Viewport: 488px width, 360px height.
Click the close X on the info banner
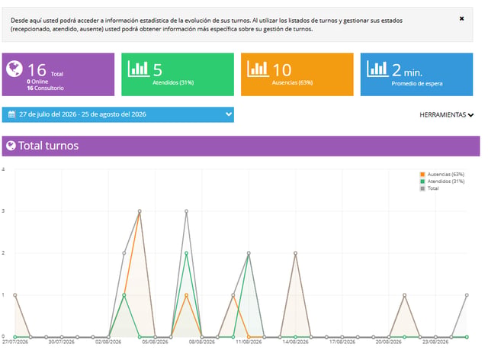(x=461, y=18)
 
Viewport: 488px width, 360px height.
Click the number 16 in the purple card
(x=37, y=70)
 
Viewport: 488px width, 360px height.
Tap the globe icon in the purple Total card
(x=14, y=69)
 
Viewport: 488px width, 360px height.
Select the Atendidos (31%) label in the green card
(x=173, y=82)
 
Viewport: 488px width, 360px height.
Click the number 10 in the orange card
(x=282, y=70)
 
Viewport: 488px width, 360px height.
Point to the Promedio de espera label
(x=417, y=83)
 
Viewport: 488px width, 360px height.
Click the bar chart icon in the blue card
(x=377, y=69)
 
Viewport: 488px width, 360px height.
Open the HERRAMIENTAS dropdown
(x=446, y=115)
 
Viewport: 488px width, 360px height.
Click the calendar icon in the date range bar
(x=12, y=114)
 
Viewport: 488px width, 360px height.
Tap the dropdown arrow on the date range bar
(x=229, y=114)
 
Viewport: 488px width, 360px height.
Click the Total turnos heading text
(x=48, y=146)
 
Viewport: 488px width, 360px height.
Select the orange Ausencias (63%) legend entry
(x=442, y=175)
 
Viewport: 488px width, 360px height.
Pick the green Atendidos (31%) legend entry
(x=442, y=182)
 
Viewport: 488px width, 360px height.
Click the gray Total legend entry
(x=429, y=188)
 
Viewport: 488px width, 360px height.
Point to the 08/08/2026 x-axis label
(x=201, y=342)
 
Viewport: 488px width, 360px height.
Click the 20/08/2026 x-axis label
(x=388, y=342)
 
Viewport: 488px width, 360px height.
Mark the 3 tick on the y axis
(x=3, y=211)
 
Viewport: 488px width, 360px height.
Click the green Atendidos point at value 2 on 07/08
(x=186, y=253)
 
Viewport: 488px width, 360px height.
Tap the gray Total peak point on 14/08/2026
(x=295, y=253)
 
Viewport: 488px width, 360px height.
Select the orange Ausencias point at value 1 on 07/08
(x=186, y=295)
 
